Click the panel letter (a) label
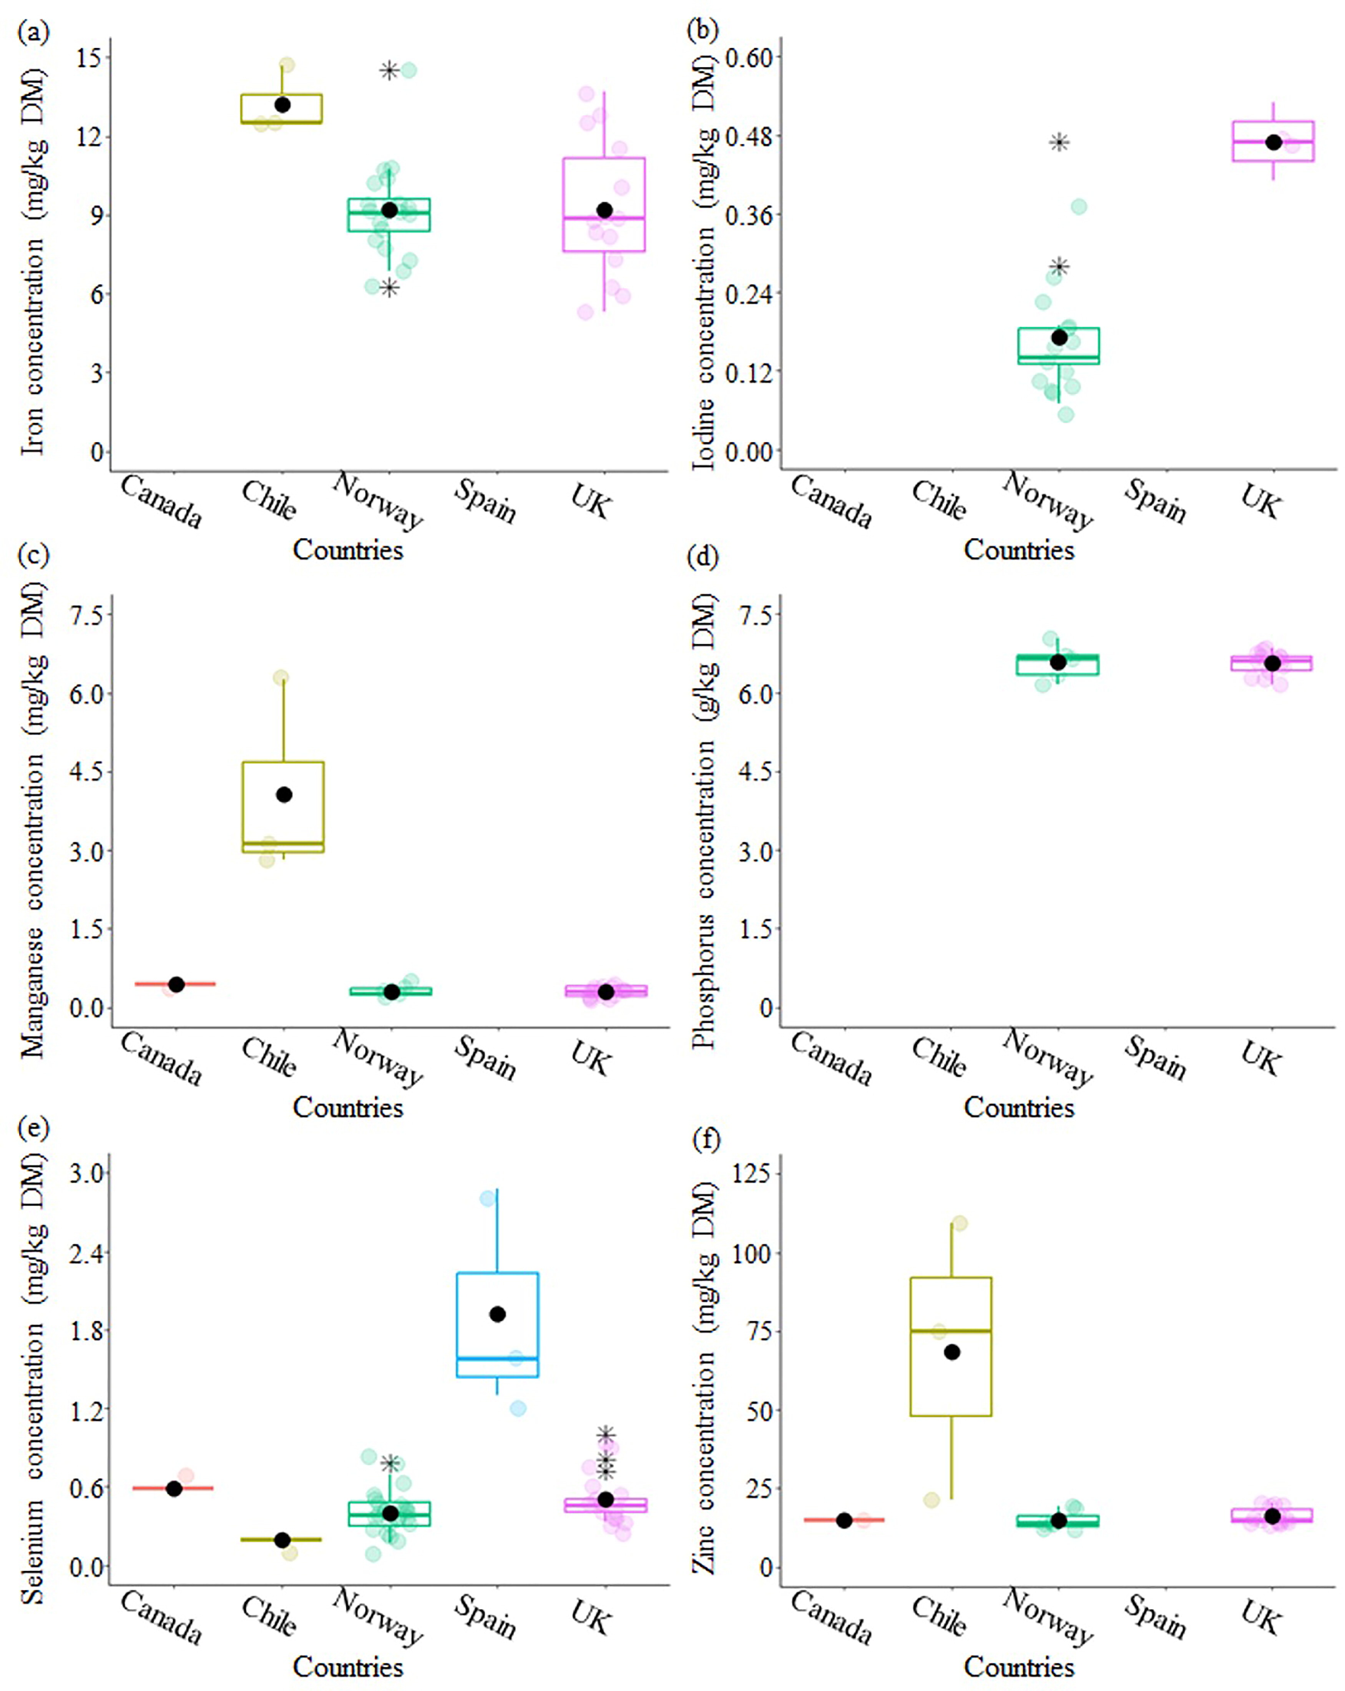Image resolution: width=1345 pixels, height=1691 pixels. coord(33,33)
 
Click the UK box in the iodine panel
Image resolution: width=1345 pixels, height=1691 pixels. coord(1273,141)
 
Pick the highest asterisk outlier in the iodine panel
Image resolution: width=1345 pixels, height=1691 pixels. coord(1059,142)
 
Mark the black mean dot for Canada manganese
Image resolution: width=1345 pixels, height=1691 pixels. coord(176,984)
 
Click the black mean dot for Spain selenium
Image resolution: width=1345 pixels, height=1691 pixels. coord(497,1314)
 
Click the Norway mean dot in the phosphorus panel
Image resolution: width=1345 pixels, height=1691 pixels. coord(1058,662)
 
